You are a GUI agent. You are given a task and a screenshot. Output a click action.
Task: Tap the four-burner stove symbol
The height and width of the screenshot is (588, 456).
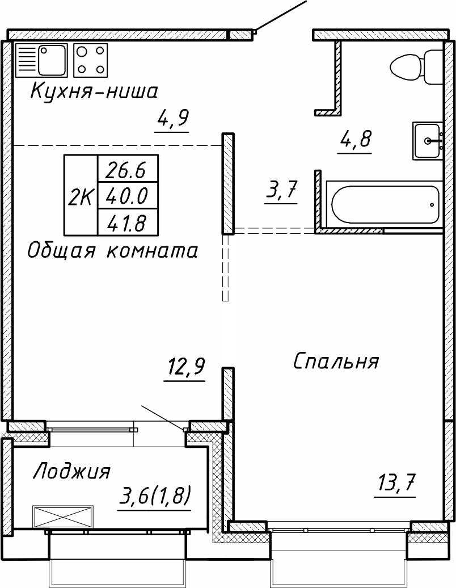click(91, 60)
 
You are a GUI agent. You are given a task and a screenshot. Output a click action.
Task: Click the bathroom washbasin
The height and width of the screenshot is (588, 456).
click(428, 141)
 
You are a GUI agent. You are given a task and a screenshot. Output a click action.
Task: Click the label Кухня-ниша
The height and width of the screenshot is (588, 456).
click(94, 91)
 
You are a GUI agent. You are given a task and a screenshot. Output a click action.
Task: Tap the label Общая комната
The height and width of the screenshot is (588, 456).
click(113, 250)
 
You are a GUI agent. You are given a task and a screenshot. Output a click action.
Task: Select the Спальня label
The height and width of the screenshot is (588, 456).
click(336, 361)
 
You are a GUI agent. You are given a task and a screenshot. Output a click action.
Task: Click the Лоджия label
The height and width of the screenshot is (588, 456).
click(71, 471)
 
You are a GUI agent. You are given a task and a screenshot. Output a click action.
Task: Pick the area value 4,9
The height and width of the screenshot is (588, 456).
click(172, 120)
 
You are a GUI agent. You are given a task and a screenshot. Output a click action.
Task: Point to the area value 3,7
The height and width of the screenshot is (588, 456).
click(281, 191)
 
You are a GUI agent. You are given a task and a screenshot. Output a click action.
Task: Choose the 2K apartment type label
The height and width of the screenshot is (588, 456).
click(81, 196)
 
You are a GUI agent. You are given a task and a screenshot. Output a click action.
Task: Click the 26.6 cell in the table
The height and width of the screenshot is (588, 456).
click(128, 169)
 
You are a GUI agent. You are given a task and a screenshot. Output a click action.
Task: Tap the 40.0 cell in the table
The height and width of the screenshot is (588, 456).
click(128, 196)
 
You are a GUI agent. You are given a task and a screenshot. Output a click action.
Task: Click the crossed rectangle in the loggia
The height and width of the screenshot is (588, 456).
click(61, 516)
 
